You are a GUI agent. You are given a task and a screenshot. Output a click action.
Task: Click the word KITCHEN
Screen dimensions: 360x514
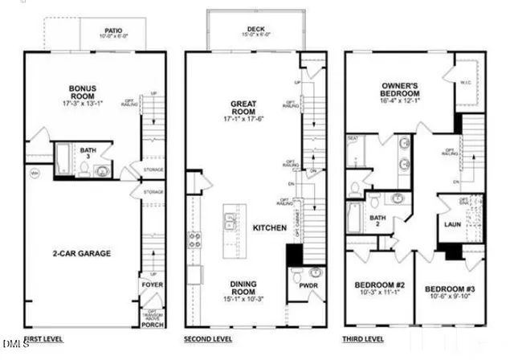click(270, 228)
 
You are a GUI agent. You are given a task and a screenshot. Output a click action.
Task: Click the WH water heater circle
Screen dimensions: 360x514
click(35, 173)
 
